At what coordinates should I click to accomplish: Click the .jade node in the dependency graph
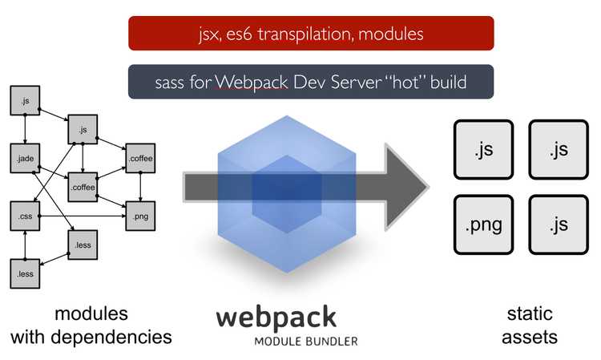[25, 158]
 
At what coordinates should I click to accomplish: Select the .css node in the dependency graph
[25, 216]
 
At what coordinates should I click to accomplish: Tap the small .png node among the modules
[139, 216]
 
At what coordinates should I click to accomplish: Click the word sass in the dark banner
[171, 83]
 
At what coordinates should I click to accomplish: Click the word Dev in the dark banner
[302, 83]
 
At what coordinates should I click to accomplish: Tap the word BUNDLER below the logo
[329, 341]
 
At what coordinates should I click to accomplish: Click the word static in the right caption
[530, 313]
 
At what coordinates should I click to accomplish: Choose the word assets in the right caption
[530, 337]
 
